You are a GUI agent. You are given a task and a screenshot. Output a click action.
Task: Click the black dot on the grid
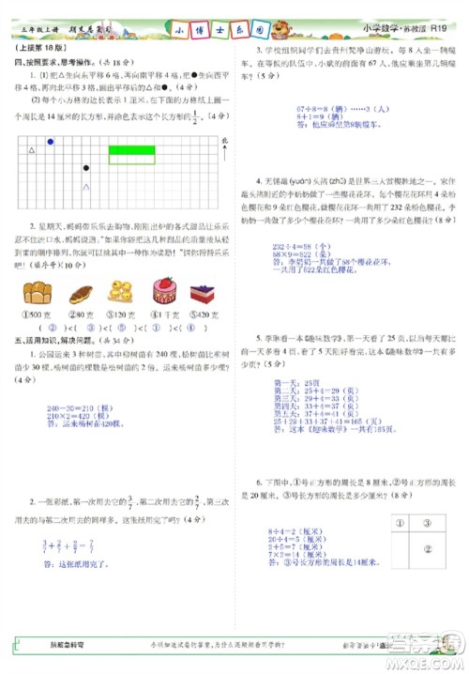[x=86, y=169]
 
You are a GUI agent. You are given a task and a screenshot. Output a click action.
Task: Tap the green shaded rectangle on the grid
[x=132, y=149]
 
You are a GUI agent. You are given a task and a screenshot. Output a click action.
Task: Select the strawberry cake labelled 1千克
[x=166, y=288]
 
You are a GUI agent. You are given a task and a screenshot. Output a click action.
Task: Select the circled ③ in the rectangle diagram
[x=425, y=525]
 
